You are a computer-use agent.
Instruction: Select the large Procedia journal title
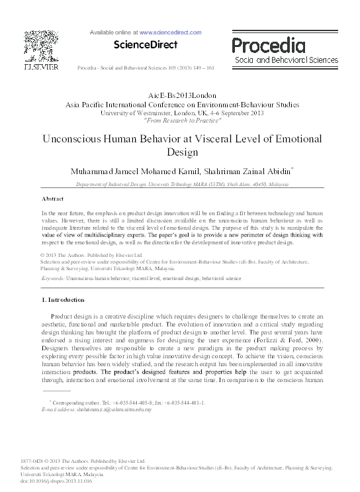[268, 45]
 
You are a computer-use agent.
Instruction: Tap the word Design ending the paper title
[180, 153]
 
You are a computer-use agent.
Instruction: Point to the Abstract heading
[52, 198]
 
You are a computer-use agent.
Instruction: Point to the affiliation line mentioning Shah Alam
[179, 186]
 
